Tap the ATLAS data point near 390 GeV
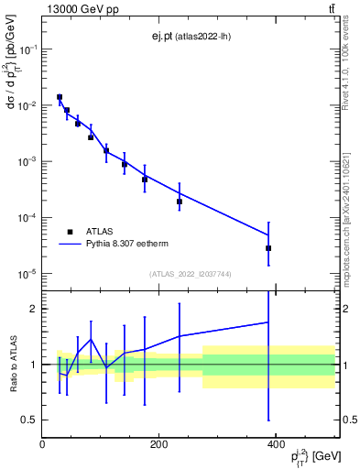click(x=268, y=248)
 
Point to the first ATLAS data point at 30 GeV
click(x=60, y=97)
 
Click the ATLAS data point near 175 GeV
click(x=145, y=180)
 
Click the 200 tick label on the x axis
click(x=158, y=444)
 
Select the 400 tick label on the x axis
click(x=275, y=444)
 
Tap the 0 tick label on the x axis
click(x=42, y=444)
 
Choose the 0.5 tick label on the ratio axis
click(x=29, y=420)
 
